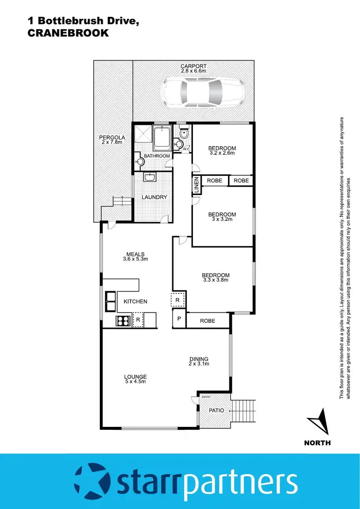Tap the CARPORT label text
click(x=193, y=66)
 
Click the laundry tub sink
click(x=149, y=178)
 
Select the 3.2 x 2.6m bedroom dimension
click(x=222, y=153)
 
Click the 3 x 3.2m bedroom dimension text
click(x=222, y=219)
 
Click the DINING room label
click(x=198, y=359)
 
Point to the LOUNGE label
click(x=135, y=376)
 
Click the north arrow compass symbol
click(x=317, y=421)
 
